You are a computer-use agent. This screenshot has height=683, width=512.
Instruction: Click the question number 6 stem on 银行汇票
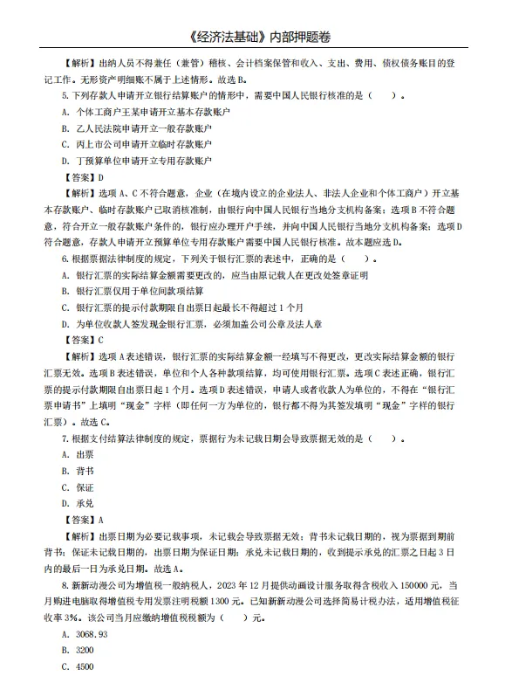pos(218,259)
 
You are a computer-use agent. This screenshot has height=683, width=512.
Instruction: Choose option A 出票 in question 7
pos(78,454)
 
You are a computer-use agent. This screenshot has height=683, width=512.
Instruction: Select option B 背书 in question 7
pos(78,471)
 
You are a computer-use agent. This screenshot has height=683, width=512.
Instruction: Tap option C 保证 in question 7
pos(78,486)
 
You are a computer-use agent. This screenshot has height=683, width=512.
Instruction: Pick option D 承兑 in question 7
pos(78,503)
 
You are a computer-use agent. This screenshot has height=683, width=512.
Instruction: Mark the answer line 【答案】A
pos(84,520)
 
